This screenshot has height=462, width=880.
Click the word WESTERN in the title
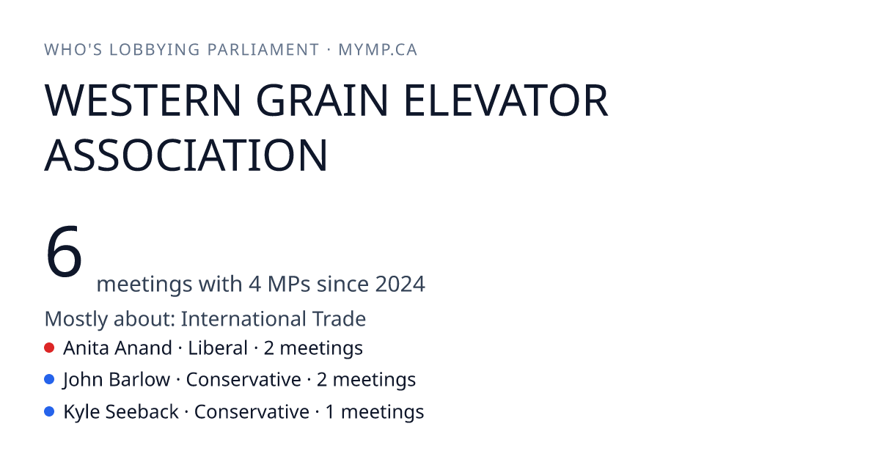pos(142,100)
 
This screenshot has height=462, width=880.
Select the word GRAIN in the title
pos(322,100)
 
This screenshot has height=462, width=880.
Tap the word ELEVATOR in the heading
pos(506,100)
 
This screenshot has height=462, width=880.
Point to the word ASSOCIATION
pos(186,155)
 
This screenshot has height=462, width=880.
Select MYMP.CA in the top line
pos(378,50)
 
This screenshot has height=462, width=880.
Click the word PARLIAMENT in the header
pos(263,50)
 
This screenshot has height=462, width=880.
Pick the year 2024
pos(400,284)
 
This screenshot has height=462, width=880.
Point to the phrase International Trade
pos(274,318)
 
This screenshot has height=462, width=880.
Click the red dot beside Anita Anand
pos(49,348)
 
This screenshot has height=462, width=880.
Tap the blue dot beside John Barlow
pos(49,379)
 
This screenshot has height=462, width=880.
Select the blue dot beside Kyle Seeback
pos(49,411)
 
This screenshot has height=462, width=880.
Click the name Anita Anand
pos(117,348)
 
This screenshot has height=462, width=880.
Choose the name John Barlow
pos(117,380)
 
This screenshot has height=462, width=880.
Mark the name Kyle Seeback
pos(121,411)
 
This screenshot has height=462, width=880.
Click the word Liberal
pos(218,348)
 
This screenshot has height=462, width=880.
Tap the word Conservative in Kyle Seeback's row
pos(252,411)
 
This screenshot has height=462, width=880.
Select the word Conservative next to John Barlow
pos(243,380)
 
